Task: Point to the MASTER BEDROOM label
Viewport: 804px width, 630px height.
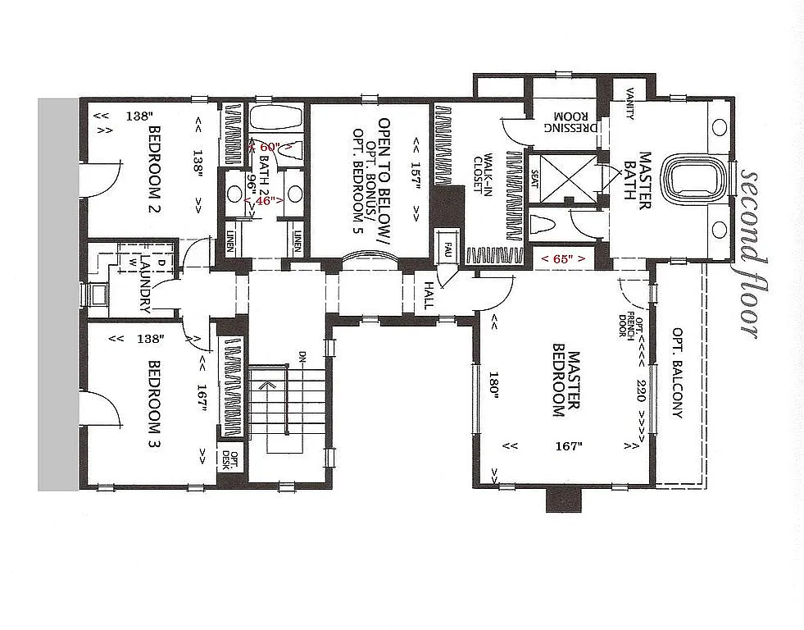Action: coord(566,385)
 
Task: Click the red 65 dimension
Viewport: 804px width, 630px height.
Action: coord(563,258)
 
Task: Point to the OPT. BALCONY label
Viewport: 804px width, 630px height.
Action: coord(677,373)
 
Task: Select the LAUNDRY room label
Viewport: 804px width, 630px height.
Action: coord(145,283)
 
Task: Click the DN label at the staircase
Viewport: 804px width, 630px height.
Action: coord(302,356)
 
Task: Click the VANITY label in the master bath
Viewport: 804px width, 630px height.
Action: coord(629,103)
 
